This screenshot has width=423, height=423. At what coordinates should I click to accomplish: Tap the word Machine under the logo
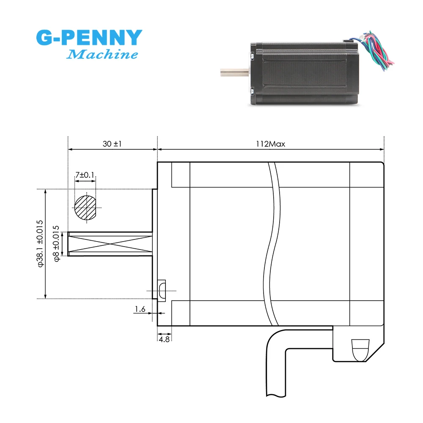coord(103,55)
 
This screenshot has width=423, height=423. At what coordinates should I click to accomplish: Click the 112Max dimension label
coord(270,144)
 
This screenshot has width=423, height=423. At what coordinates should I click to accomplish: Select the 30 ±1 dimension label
coord(112,144)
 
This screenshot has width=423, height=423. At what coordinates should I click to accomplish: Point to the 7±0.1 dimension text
coord(85,175)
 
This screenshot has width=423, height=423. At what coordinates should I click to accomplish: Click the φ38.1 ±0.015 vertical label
coord(40,243)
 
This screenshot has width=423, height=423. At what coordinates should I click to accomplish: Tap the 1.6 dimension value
coord(140,310)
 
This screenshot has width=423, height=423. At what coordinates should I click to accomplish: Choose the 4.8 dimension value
coord(164,339)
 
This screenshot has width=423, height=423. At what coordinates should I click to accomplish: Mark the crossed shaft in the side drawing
coord(110,244)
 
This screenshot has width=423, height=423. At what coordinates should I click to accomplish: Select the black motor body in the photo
coord(305,72)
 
